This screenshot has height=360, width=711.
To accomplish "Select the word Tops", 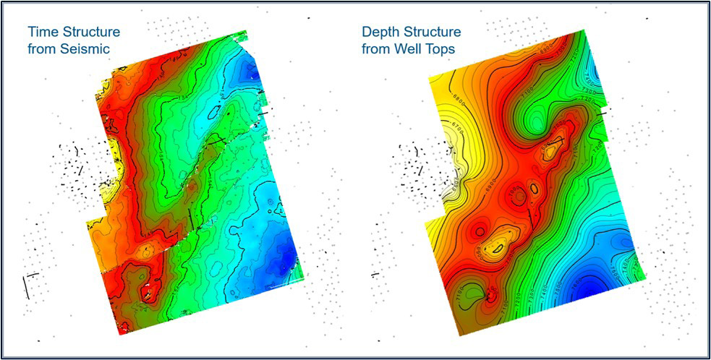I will click(447, 49).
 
